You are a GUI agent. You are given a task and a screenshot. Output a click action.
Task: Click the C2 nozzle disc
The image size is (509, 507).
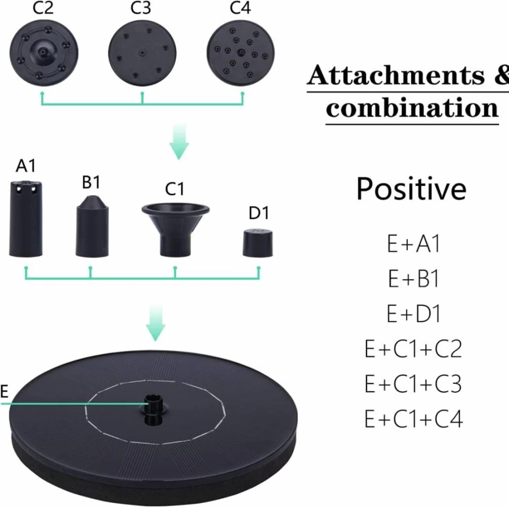[x=44, y=53]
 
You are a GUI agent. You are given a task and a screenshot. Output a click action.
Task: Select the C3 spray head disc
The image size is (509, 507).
[x=142, y=53]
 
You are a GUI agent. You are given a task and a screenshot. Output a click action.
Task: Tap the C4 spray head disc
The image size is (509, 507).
[x=241, y=53]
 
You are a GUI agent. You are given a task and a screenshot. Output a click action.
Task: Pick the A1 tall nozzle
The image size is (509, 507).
[x=25, y=219]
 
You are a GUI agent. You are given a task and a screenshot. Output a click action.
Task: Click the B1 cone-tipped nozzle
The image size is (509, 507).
[x=92, y=226]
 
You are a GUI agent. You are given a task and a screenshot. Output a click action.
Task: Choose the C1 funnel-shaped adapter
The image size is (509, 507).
[x=175, y=229]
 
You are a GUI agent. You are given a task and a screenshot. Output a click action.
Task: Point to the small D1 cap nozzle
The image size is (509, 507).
[x=258, y=243]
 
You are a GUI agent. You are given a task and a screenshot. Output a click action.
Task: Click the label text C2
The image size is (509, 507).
[x=43, y=8]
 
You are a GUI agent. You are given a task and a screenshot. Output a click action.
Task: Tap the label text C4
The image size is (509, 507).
[x=240, y=8]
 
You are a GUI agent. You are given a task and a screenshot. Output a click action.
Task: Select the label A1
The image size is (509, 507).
[x=25, y=166]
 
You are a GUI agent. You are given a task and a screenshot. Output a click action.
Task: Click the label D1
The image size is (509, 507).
[x=259, y=213]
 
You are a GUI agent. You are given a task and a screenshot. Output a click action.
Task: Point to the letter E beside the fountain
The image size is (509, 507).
[x=4, y=392]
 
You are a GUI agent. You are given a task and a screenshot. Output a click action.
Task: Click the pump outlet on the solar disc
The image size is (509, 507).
[x=153, y=409]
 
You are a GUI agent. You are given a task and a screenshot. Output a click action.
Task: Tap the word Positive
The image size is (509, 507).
[x=411, y=189]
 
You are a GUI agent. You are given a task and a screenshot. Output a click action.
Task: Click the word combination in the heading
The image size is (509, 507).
[x=412, y=108]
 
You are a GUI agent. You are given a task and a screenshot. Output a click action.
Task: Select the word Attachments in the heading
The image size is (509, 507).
[x=395, y=75]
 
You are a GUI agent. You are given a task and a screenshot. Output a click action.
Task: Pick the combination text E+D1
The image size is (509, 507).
[x=414, y=314]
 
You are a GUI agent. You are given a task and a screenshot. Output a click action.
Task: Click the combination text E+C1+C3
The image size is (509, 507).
[x=413, y=384]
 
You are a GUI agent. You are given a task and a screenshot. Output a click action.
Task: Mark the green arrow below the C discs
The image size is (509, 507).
[x=179, y=142]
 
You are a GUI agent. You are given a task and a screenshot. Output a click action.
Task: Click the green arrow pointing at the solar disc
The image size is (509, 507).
[x=155, y=323]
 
